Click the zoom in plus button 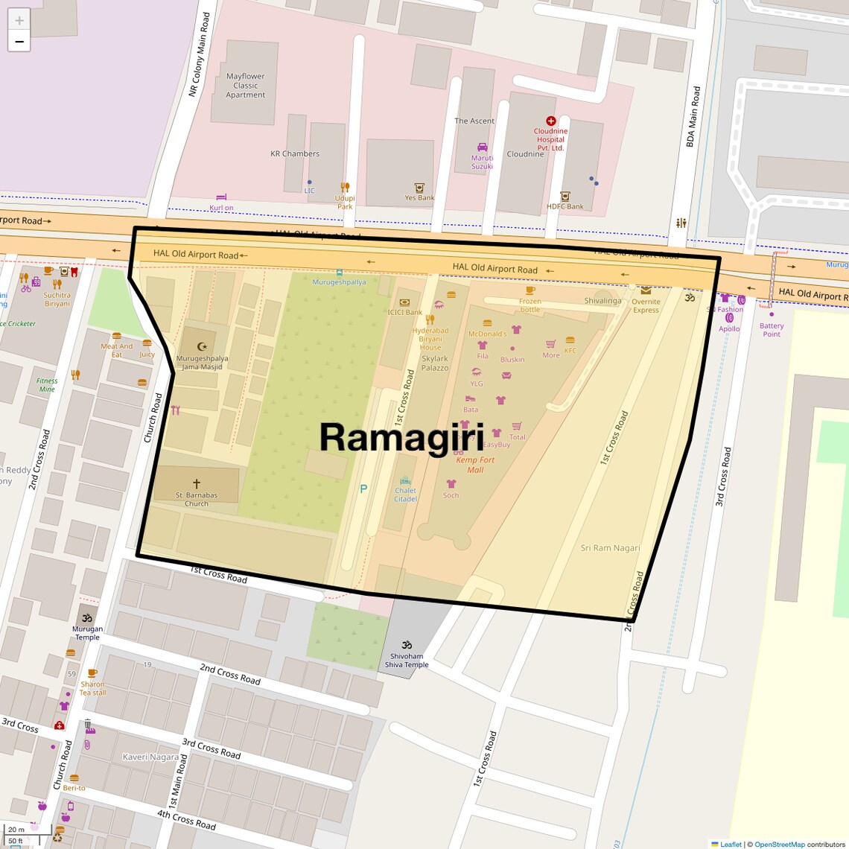click(x=19, y=20)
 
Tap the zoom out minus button click(x=19, y=42)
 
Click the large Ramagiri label click(x=401, y=437)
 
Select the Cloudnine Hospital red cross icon click(x=550, y=121)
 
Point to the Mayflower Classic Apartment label click(x=245, y=86)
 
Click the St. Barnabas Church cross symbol click(x=197, y=484)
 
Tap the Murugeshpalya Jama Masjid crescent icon click(x=201, y=346)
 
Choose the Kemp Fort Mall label click(x=475, y=465)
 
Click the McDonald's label click(x=487, y=334)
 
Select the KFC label click(x=570, y=351)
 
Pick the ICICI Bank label click(x=404, y=312)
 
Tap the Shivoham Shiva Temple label click(x=407, y=661)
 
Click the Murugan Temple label click(x=87, y=633)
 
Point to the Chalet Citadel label click(x=405, y=495)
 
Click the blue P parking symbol click(x=363, y=489)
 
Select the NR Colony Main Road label click(x=199, y=54)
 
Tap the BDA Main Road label click(x=693, y=117)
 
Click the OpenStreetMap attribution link click(x=779, y=844)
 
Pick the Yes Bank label click(x=419, y=198)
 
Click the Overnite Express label click(x=646, y=306)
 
